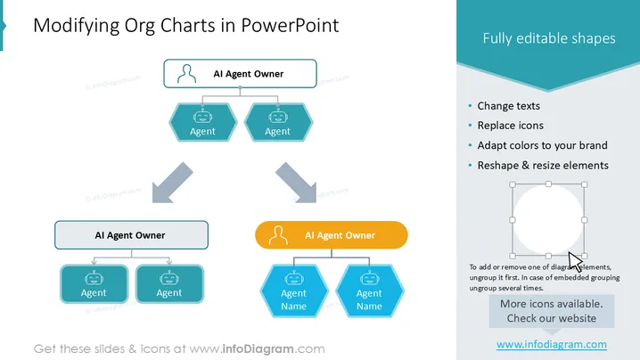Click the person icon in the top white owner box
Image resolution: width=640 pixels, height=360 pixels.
click(x=186, y=74)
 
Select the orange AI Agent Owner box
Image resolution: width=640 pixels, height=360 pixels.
click(x=332, y=235)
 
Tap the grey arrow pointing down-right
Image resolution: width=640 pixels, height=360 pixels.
click(x=296, y=183)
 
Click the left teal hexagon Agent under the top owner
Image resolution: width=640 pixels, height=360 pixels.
click(x=203, y=122)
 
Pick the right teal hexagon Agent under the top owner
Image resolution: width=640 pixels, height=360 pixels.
click(x=278, y=122)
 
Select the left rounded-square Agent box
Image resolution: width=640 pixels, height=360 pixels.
click(x=94, y=284)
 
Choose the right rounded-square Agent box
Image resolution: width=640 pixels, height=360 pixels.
click(x=169, y=284)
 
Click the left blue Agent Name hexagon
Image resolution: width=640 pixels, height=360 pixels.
click(x=294, y=291)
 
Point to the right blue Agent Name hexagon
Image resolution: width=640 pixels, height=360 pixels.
click(x=369, y=291)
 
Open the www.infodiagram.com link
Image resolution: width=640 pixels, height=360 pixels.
click(x=552, y=345)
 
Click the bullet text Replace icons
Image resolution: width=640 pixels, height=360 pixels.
click(x=510, y=126)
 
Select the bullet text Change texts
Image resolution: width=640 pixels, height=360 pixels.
click(x=509, y=106)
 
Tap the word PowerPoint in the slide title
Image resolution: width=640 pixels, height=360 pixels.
click(x=290, y=25)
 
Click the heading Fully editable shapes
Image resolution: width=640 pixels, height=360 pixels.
click(x=549, y=38)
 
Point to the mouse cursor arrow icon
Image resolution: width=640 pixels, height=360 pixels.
click(x=575, y=261)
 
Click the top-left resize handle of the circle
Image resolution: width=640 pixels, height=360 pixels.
click(x=513, y=184)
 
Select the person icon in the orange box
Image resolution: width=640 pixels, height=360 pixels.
click(x=278, y=235)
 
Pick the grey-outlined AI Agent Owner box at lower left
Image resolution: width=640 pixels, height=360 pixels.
click(x=131, y=235)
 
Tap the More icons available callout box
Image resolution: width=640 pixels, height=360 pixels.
click(x=552, y=311)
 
